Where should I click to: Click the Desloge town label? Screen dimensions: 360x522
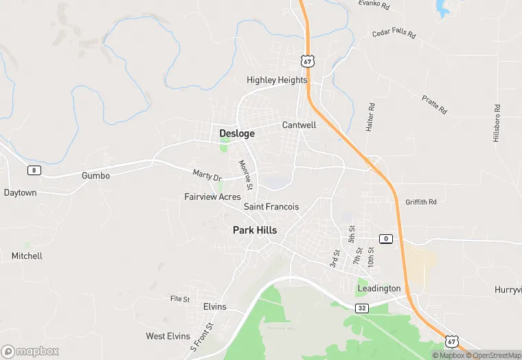click(x=237, y=133)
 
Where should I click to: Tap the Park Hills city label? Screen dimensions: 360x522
click(x=255, y=230)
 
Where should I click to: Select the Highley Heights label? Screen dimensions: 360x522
click(x=277, y=80)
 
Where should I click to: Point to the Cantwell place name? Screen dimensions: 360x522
click(x=299, y=125)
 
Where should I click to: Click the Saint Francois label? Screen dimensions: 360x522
click(x=271, y=206)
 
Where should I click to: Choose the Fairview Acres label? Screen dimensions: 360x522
click(x=212, y=196)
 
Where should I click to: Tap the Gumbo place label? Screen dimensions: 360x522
click(x=95, y=175)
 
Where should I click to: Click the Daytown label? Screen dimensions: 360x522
click(x=20, y=192)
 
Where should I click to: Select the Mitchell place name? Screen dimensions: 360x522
click(x=27, y=256)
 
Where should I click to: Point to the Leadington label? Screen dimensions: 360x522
click(x=378, y=289)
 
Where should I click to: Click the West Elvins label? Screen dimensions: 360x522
click(x=168, y=336)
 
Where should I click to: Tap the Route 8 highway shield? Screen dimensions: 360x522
click(x=33, y=170)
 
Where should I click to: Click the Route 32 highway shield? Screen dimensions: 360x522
click(x=362, y=308)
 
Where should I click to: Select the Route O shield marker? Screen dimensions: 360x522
click(x=386, y=238)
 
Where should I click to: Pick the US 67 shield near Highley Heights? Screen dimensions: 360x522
click(x=307, y=62)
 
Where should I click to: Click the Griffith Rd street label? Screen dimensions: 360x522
click(x=421, y=202)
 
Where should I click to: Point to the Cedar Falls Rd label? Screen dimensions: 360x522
click(x=394, y=32)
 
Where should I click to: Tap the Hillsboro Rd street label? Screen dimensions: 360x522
click(x=497, y=124)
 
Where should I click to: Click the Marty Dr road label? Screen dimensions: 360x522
click(x=207, y=176)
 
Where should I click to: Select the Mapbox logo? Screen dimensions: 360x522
click(x=30, y=351)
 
